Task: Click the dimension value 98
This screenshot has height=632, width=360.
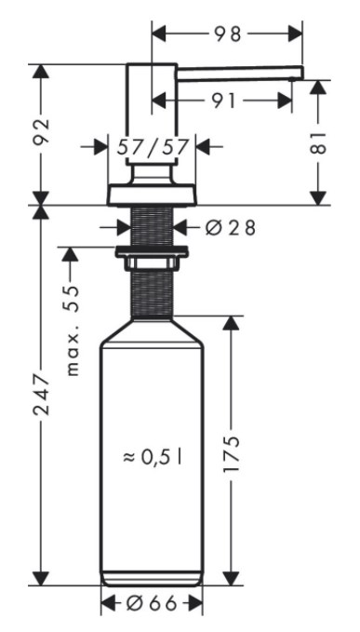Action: pos(228,34)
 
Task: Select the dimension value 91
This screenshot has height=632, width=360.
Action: pos(224,101)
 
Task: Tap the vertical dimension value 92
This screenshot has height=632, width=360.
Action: pos(42,131)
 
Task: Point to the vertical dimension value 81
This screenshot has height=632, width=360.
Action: pos(318,142)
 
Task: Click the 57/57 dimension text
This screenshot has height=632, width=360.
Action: pos(153,147)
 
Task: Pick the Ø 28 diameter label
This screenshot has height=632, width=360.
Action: pos(231,228)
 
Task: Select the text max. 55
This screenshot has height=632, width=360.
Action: pos(73,330)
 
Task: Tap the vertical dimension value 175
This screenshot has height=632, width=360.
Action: pos(232,454)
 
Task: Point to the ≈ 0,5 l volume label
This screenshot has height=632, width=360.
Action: pos(153,457)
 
